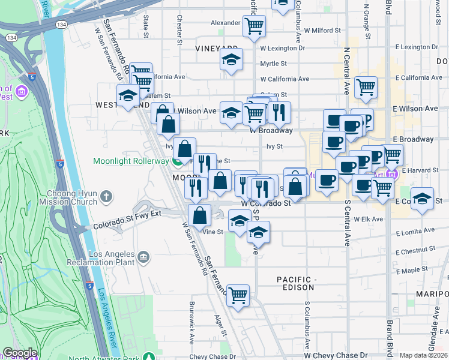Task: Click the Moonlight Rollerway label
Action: click(131, 161)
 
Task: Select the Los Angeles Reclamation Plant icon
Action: click(143, 258)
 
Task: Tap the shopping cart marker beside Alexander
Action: click(254, 26)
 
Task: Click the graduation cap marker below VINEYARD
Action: click(231, 60)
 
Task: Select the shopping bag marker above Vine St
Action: click(199, 215)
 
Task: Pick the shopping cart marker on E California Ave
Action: click(366, 88)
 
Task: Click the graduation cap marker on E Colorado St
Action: click(423, 199)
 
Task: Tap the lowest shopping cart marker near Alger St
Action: click(238, 295)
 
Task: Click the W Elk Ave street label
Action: click(368, 220)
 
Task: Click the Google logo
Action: click(20, 353)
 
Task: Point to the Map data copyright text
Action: click(424, 355)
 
